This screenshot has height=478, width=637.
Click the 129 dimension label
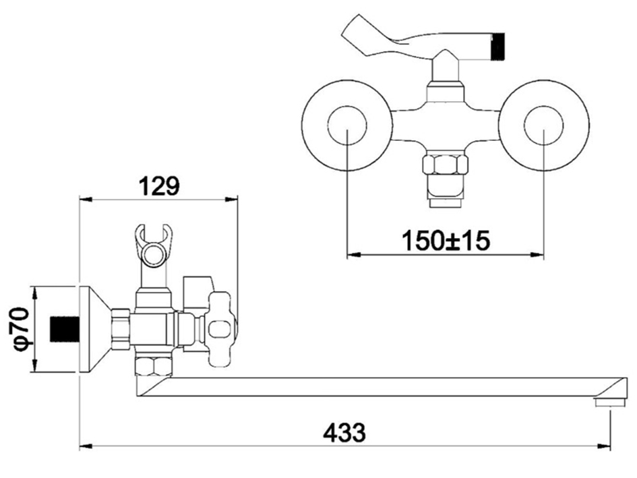pos(159,186)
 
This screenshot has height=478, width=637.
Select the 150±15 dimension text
pos(446,240)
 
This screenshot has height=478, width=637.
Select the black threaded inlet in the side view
pos(64,328)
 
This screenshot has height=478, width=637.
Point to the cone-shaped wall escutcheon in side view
pos(94,329)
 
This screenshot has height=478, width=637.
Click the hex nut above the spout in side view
pos(154,365)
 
